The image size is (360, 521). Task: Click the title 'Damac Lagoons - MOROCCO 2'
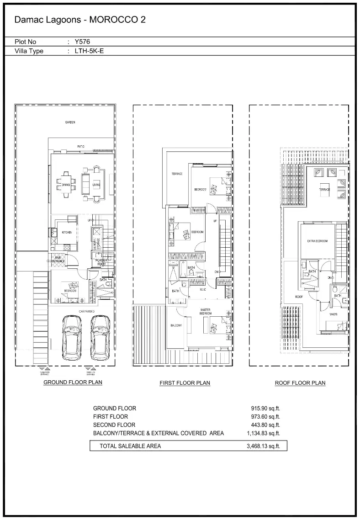click(80, 20)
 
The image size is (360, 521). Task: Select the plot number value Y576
click(82, 42)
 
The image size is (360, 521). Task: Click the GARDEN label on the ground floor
click(69, 122)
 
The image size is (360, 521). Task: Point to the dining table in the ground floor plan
click(65, 184)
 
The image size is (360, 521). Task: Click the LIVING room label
click(96, 185)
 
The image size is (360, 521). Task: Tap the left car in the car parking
click(71, 337)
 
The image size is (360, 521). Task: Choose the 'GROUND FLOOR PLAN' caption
click(73, 382)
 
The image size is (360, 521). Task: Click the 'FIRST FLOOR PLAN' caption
click(185, 383)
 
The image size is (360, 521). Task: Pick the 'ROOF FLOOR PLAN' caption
click(300, 383)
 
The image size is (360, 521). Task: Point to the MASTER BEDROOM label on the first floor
click(206, 312)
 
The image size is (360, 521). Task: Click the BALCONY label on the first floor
click(176, 325)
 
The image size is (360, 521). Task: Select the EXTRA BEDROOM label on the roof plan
click(317, 241)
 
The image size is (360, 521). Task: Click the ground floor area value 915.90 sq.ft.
click(263, 408)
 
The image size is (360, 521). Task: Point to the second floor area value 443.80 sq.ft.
click(263, 425)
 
